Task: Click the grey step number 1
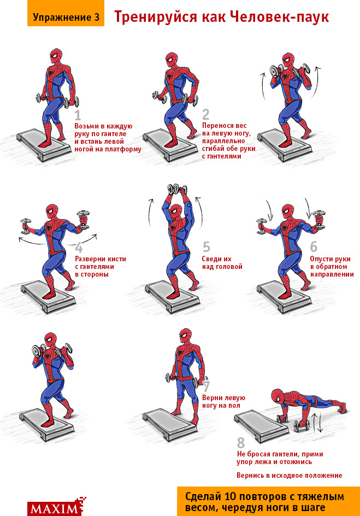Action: [78, 115]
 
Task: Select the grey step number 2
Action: [205, 114]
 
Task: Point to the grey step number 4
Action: [79, 247]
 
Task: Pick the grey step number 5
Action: [206, 247]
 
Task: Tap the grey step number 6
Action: [314, 247]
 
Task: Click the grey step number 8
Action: [241, 442]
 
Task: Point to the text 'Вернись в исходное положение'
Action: [289, 475]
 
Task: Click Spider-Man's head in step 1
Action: [55, 56]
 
